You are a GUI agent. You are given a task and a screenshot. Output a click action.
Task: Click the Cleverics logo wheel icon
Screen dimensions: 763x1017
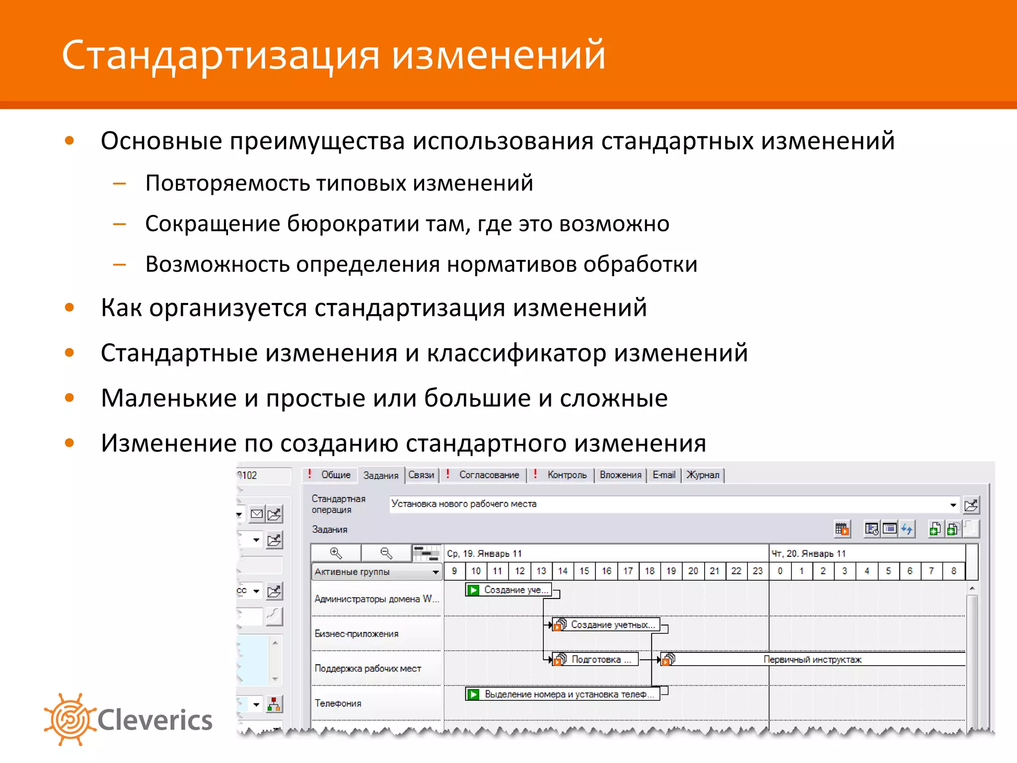click(70, 719)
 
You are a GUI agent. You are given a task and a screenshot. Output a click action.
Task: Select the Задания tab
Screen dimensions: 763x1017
click(380, 475)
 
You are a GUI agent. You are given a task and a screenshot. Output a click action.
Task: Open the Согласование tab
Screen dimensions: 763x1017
click(489, 475)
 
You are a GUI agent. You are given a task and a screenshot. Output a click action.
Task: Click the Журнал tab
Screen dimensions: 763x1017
click(702, 475)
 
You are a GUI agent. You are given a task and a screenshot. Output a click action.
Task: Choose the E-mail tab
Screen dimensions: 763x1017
click(663, 475)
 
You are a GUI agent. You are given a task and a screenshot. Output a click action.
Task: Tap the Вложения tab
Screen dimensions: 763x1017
click(620, 475)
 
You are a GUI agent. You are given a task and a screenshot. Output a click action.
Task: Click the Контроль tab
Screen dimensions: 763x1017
click(567, 475)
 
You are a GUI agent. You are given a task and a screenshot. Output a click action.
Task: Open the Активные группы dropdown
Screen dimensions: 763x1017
click(376, 572)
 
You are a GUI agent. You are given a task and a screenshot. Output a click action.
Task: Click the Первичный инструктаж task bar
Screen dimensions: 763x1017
click(812, 660)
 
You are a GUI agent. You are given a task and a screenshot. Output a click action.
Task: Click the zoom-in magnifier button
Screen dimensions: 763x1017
click(336, 553)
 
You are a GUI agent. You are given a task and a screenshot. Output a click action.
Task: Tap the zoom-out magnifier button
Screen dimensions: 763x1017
click(386, 553)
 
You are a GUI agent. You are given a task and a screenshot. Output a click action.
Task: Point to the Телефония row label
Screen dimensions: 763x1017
click(338, 703)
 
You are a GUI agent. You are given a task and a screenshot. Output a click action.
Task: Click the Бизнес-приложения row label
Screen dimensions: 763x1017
click(357, 634)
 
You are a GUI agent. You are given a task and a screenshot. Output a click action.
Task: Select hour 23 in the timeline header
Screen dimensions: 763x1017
click(757, 571)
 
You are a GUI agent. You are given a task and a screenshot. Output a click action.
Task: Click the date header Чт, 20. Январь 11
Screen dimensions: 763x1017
click(808, 553)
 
